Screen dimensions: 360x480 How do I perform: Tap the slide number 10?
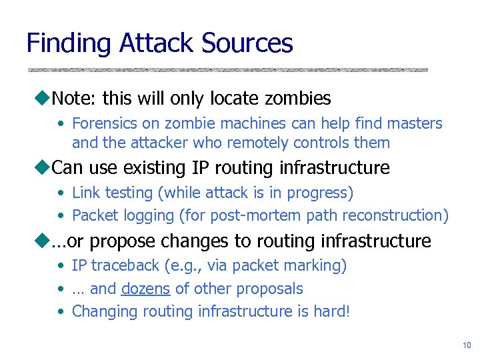point(466,345)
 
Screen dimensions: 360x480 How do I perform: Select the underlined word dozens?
point(145,289)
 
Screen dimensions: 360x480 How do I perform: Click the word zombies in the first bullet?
point(298,99)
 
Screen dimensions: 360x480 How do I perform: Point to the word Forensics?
point(102,123)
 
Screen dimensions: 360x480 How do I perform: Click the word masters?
point(417,123)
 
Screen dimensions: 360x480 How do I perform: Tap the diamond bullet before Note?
point(45,99)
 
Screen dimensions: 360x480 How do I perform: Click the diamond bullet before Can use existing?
point(45,167)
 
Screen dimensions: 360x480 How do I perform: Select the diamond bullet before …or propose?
point(45,240)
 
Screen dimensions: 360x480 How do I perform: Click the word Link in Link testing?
point(84,193)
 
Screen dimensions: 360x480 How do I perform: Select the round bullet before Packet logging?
point(61,216)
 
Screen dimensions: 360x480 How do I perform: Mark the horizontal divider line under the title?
point(227,69)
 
